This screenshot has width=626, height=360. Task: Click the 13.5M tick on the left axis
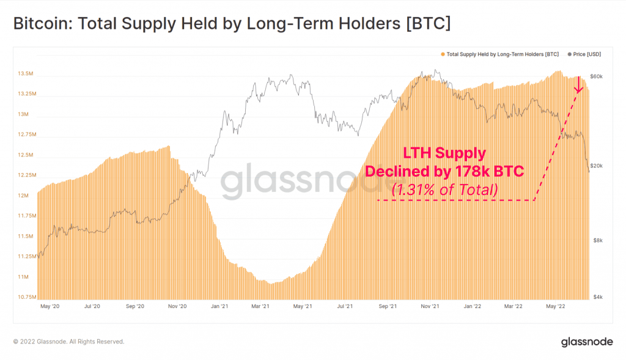pyautogui.click(x=26, y=74)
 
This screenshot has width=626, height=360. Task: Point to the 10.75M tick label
pyautogui.click(x=26, y=297)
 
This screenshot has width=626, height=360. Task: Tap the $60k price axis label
pyautogui.click(x=596, y=77)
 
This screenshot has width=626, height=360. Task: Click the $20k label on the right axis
pyautogui.click(x=596, y=166)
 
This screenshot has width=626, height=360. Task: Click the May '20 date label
pyautogui.click(x=50, y=305)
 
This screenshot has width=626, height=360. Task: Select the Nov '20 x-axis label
pyautogui.click(x=177, y=305)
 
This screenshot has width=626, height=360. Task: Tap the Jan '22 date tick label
pyautogui.click(x=471, y=305)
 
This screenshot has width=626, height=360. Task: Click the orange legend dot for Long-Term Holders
pyautogui.click(x=443, y=54)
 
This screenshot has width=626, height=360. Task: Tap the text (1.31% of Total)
pyautogui.click(x=444, y=190)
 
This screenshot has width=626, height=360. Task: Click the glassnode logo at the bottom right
pyautogui.click(x=587, y=342)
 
